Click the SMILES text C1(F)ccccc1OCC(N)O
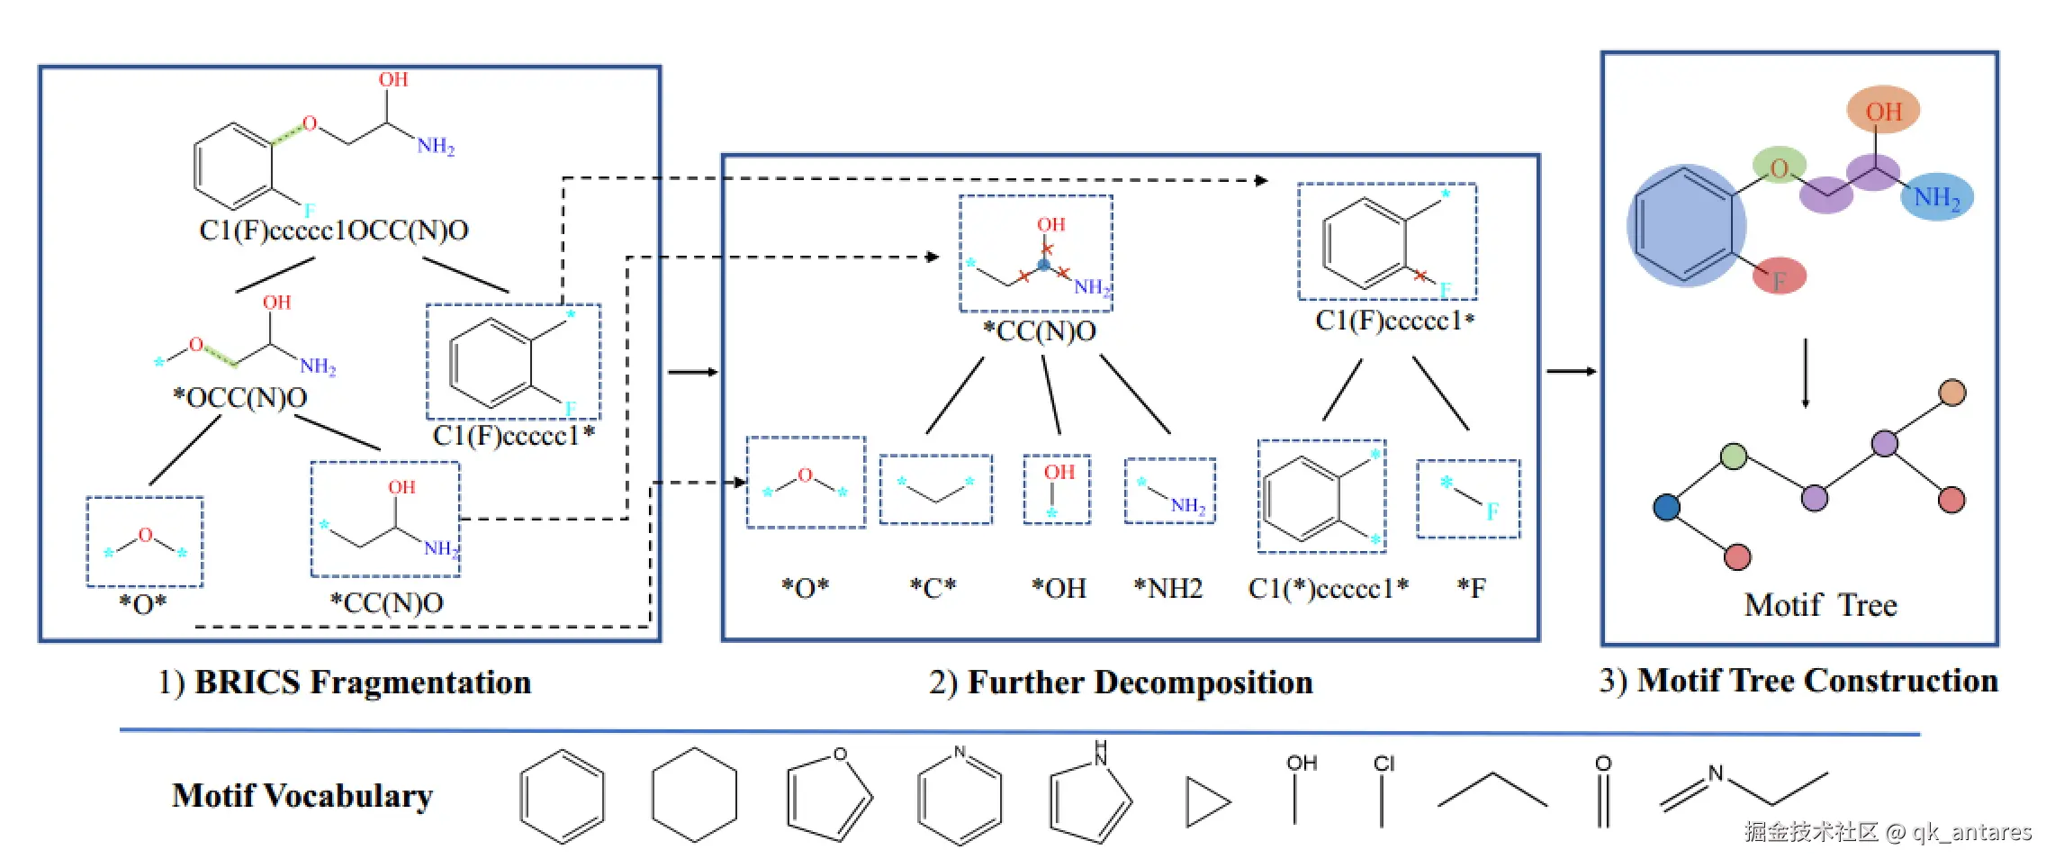pos(334,231)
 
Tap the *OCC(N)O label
pos(240,397)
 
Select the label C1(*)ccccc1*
pos(1329,588)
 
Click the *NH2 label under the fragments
pos(1168,588)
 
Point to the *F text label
pos(1472,588)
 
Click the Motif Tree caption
pos(1820,604)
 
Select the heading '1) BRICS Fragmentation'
pos(345,683)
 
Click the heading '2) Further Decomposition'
pos(1121,683)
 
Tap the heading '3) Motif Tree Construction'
pos(1798,681)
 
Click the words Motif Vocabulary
pos(302,796)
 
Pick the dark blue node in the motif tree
pos(1667,507)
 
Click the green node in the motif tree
pos(1734,457)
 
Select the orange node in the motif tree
pos(1952,393)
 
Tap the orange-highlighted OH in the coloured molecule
pos(1883,110)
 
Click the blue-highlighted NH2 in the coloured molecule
pos(1936,197)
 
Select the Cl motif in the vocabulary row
pos(1383,790)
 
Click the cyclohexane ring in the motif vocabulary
pos(694,795)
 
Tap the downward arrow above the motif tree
pos(1805,373)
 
